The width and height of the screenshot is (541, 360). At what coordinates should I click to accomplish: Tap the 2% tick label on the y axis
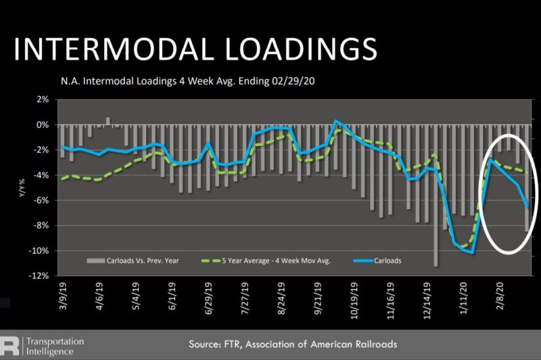(x=43, y=100)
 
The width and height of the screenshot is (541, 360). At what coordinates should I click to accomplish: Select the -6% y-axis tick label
(x=41, y=201)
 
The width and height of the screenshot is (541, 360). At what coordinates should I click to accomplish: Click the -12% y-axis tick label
(x=39, y=276)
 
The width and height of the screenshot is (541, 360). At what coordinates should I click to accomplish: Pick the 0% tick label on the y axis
(x=43, y=125)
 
